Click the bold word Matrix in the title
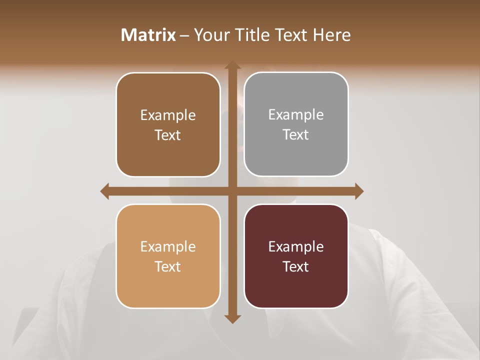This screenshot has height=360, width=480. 148,35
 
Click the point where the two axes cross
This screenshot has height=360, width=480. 232,191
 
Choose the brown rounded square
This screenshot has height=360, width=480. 168,150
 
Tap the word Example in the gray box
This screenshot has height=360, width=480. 296,114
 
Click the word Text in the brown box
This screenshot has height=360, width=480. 168,135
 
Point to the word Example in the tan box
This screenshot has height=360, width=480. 168,246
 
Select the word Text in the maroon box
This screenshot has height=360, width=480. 296,266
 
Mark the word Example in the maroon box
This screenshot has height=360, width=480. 296,246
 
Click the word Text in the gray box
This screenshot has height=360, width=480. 296,134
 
